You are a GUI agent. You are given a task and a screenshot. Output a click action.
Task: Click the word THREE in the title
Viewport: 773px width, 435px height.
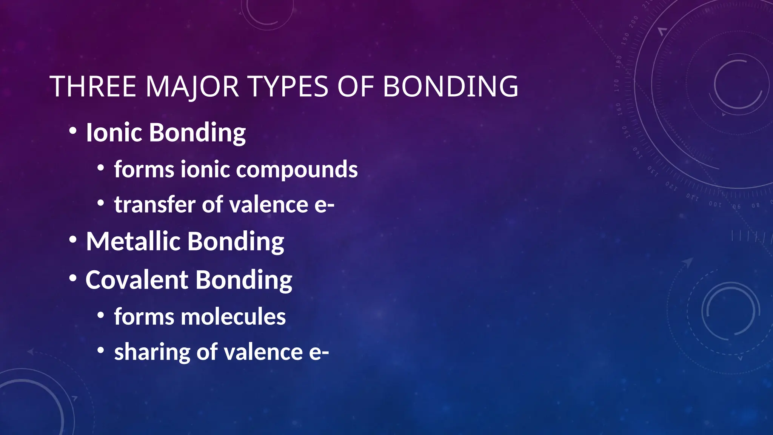coord(93,86)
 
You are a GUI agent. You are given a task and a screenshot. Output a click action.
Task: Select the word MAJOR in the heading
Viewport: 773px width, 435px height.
coord(192,86)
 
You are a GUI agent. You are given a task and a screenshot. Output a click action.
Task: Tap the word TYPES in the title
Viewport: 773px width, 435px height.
coord(289,86)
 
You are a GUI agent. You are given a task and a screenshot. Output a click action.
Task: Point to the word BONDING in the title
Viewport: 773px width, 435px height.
coord(451,86)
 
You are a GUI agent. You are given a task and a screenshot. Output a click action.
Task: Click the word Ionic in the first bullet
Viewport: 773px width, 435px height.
coord(114,133)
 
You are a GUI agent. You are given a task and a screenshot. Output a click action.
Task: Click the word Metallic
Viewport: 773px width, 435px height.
coord(133,241)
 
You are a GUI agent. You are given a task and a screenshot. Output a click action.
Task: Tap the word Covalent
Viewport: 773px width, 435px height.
coord(137,280)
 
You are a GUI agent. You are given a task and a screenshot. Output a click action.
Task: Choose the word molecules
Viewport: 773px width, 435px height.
coord(233,316)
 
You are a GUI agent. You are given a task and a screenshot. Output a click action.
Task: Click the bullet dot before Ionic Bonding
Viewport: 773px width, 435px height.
coord(73,131)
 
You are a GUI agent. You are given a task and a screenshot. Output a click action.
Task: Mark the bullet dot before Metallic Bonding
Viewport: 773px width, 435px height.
coord(73,240)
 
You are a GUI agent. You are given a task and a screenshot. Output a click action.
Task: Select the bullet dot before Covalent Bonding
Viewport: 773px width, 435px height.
coord(73,278)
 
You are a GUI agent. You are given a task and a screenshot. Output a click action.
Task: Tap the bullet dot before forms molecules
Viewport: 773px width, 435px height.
coord(100,315)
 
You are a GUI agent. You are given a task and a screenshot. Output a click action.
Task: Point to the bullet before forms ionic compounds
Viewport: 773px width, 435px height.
coord(100,167)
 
